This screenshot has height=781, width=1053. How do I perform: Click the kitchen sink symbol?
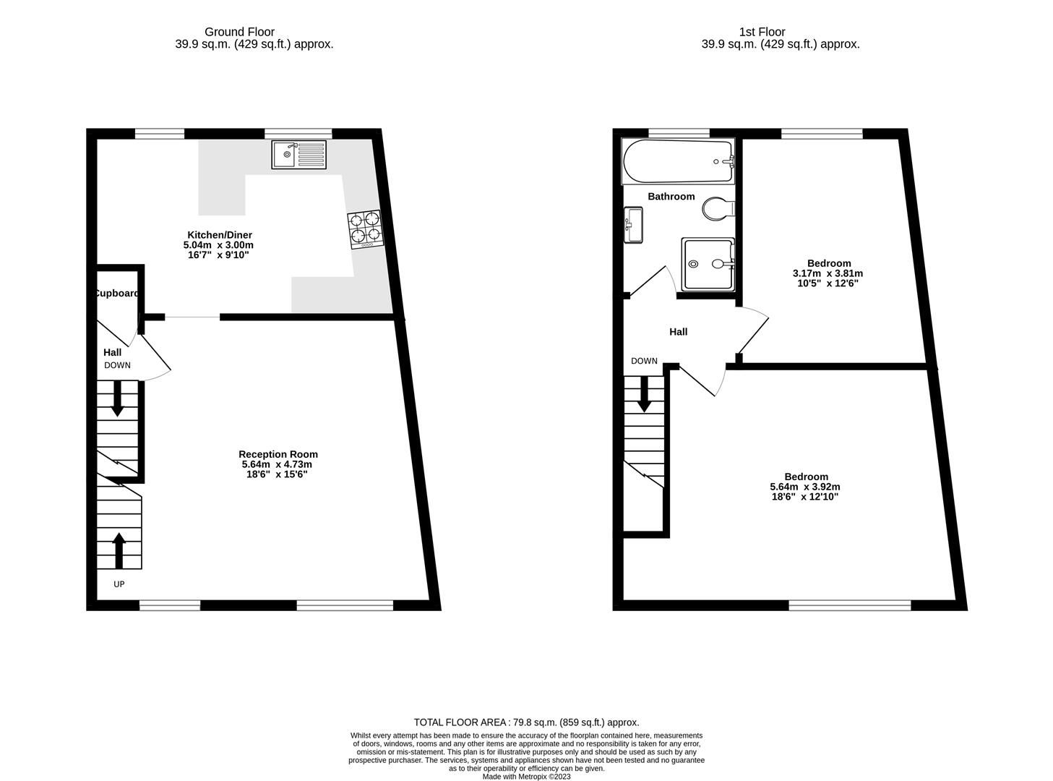pos(299,155)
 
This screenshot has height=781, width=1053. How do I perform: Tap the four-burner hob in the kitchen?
pos(365,229)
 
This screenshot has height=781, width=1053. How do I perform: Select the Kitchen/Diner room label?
pos(220,235)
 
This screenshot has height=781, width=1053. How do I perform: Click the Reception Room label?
pos(278,454)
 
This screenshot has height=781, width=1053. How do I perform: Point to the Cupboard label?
pos(116,294)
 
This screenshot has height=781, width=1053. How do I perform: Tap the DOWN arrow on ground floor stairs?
pos(117,398)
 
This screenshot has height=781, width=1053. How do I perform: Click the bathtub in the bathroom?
pos(678,161)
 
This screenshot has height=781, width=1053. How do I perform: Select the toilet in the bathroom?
pos(718,209)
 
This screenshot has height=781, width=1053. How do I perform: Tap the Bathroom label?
pos(671,197)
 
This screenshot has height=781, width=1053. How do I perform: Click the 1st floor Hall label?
pos(678,332)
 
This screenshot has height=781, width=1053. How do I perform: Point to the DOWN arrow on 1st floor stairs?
pos(643,394)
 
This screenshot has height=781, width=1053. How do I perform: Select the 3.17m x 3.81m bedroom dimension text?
pos(828,273)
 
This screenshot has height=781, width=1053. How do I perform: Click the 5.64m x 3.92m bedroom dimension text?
pos(805,487)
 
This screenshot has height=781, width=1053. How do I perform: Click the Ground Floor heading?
pos(239,32)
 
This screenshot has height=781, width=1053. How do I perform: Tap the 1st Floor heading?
pos(762,32)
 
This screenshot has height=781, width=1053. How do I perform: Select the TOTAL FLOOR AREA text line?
pos(526,722)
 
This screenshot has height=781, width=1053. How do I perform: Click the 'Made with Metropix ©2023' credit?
pos(526,777)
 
